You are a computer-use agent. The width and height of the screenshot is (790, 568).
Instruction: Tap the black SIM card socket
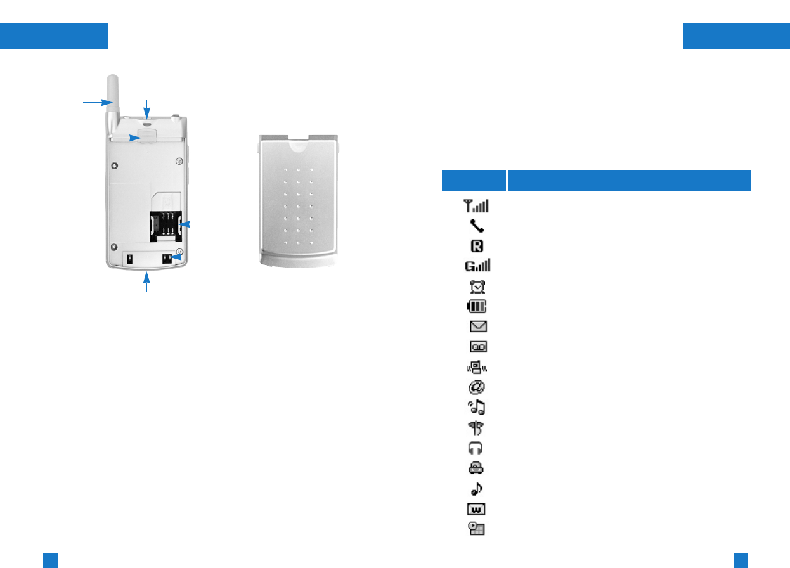(165, 225)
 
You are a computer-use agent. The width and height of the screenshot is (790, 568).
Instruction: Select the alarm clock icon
(476, 287)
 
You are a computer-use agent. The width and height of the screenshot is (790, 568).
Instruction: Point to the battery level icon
(476, 307)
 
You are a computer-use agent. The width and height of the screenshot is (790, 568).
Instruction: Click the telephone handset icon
(476, 226)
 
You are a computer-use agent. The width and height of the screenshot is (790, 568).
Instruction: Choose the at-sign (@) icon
(476, 387)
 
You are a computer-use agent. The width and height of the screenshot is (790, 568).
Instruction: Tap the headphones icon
(476, 448)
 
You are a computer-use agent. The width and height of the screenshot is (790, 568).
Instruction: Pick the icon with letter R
(476, 246)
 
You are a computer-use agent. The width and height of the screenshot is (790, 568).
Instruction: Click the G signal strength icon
(476, 266)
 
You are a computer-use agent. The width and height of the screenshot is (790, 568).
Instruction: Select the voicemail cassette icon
(476, 347)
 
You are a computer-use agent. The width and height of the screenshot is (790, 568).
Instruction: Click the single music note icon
(476, 489)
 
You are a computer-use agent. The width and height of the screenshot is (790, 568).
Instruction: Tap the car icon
(476, 468)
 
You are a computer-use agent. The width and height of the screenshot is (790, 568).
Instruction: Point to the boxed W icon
(476, 509)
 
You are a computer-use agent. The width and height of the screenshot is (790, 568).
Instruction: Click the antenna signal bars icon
(476, 205)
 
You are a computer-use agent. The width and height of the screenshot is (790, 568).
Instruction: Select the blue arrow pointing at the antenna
(96, 101)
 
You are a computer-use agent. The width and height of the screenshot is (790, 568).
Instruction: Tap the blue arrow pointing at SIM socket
(190, 224)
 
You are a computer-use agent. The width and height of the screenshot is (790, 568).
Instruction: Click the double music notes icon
(476, 408)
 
